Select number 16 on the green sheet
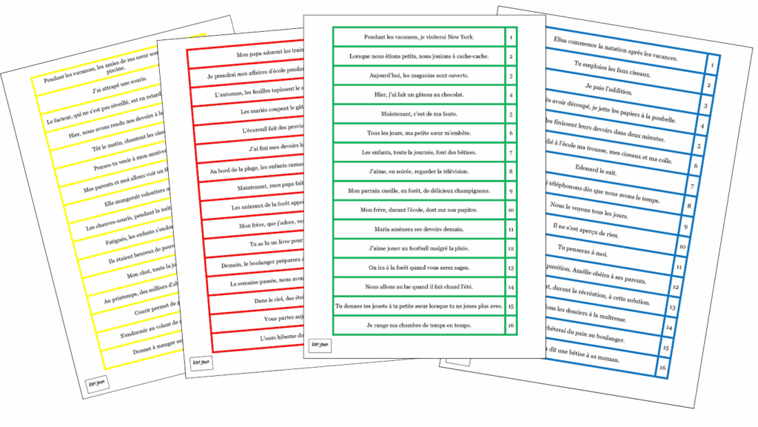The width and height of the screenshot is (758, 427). (x=511, y=325)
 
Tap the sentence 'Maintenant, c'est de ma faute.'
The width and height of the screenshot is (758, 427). (x=418, y=114)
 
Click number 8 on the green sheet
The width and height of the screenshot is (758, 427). (x=511, y=172)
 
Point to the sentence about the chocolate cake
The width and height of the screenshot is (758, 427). (x=418, y=95)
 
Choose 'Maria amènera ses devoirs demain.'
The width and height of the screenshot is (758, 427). (x=418, y=229)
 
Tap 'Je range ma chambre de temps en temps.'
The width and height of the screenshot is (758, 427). (x=418, y=325)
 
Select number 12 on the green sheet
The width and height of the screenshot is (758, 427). (x=511, y=248)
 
